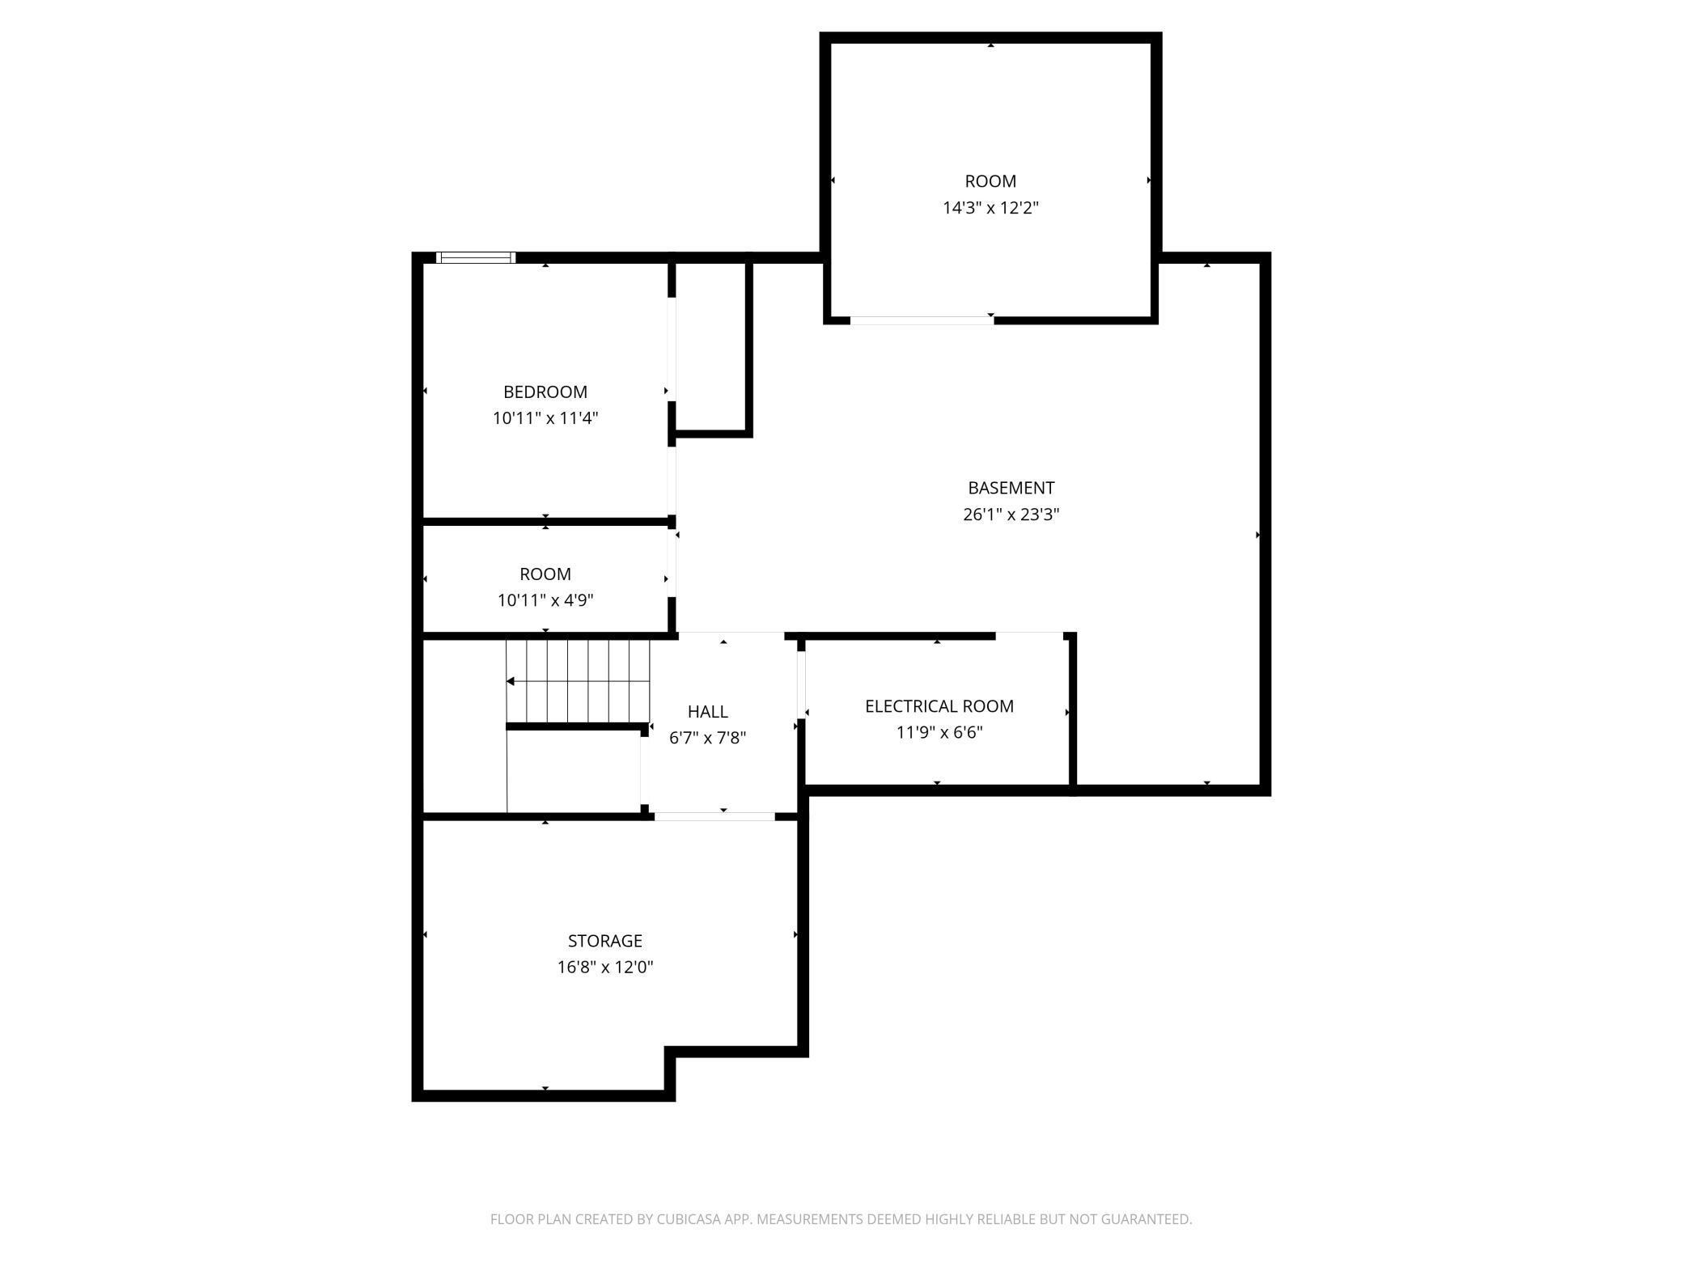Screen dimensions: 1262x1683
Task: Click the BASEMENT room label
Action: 1011,488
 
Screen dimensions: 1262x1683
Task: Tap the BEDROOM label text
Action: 545,392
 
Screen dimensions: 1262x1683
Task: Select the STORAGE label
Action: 604,941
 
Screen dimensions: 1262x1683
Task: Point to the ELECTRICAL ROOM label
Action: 939,706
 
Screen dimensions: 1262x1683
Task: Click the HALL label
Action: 707,712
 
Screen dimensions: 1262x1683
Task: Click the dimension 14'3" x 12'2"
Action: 990,208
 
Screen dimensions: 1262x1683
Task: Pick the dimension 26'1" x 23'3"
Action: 1011,515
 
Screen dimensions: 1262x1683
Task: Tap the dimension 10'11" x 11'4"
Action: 545,418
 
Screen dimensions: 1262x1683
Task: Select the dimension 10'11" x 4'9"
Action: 545,600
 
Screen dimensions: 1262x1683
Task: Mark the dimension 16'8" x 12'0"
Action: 604,967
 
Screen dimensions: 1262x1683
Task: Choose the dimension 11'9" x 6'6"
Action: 939,733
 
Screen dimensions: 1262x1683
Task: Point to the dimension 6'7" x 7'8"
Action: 707,738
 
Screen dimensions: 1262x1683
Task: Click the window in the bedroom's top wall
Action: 476,258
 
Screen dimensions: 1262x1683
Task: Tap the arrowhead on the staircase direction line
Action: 511,682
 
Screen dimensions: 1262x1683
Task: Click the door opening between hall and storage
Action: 714,817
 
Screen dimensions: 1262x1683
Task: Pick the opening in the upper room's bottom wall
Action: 922,321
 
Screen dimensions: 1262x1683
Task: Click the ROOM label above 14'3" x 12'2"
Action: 990,181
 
